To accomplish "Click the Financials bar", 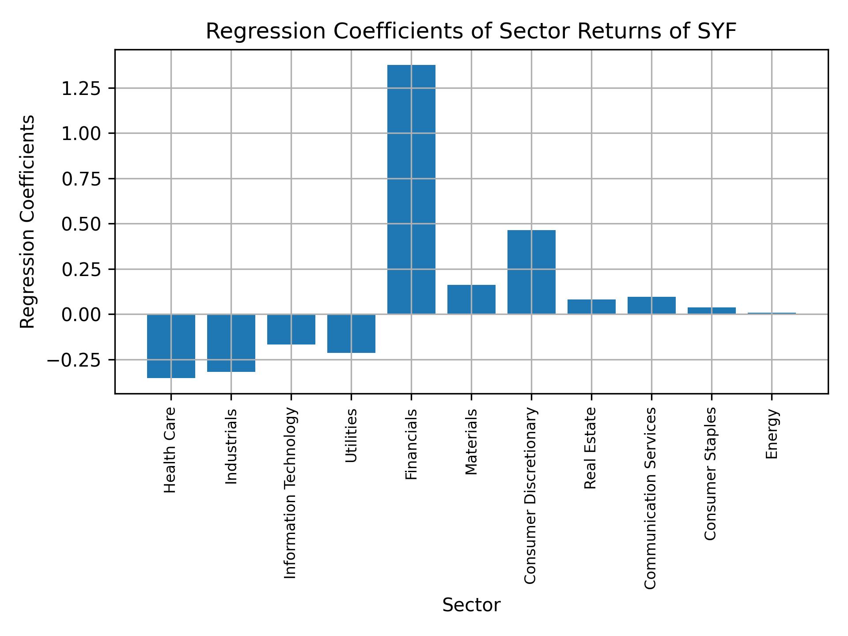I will click(411, 189).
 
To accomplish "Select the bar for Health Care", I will click(171, 346).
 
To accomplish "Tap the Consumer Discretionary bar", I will click(531, 272).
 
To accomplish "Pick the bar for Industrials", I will click(231, 343).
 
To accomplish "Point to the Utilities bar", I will click(351, 333).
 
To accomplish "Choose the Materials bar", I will click(471, 299).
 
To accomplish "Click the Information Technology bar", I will click(291, 329).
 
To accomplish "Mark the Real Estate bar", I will click(591, 307).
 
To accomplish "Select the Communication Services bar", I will click(651, 305).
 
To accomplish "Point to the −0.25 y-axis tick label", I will click(75, 360).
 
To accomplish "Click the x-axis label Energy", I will click(772, 434).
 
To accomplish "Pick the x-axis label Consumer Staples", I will click(711, 473).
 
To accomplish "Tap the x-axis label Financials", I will click(411, 444).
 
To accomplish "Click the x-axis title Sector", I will click(471, 605).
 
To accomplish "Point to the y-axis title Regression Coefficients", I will click(28, 222).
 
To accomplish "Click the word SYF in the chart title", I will click(716, 31).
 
